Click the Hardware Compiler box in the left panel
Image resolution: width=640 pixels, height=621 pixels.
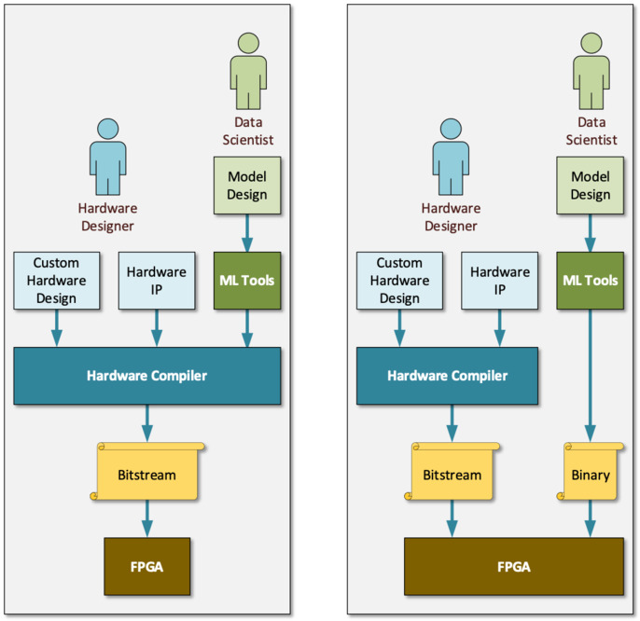tap(146, 376)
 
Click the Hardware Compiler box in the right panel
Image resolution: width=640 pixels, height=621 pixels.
tap(448, 376)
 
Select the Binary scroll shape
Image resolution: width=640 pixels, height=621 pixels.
tap(591, 474)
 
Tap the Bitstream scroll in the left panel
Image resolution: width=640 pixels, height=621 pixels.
tap(147, 474)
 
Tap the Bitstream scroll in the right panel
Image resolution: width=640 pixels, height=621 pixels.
tap(452, 474)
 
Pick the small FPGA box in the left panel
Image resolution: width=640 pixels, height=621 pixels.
tap(146, 566)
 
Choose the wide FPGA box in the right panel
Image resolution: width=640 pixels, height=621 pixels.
tap(513, 566)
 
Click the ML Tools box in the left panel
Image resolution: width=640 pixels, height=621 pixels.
tap(247, 280)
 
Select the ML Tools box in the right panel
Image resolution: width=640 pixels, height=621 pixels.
tap(591, 280)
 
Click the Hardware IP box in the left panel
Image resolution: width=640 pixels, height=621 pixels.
tap(157, 280)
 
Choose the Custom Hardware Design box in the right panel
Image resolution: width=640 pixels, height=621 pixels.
tap(399, 280)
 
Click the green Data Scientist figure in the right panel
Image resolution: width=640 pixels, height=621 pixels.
tap(591, 72)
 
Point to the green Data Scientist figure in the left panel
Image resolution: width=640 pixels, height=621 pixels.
tap(247, 72)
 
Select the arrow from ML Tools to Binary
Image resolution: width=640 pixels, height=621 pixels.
tap(591, 373)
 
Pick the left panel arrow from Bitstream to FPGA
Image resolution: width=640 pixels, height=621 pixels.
tap(146, 519)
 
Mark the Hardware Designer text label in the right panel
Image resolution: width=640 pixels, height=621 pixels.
tap(452, 216)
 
